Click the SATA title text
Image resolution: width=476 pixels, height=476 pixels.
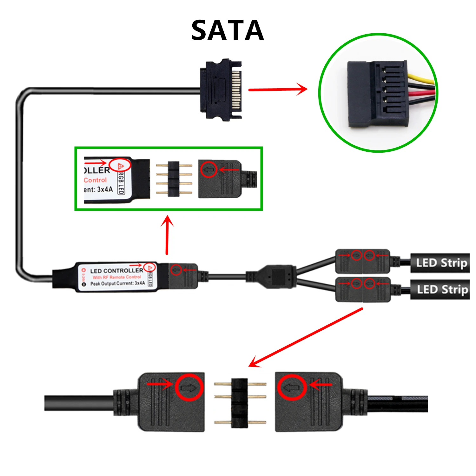228,30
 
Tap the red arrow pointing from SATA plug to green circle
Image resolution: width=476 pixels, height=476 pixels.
277,89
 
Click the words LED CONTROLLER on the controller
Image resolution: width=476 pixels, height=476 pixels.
116,271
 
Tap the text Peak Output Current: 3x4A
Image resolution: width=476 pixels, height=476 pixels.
117,283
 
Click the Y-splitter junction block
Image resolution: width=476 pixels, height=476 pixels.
278,276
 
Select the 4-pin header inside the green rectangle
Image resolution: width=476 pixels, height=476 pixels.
174,179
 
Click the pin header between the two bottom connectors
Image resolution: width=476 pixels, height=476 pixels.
240,402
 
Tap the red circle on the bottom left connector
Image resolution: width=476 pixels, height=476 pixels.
189,387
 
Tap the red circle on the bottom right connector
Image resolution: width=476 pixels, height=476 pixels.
292,387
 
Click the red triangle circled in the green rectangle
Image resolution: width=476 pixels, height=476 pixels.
120,165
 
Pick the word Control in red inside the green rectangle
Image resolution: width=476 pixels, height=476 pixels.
95,180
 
